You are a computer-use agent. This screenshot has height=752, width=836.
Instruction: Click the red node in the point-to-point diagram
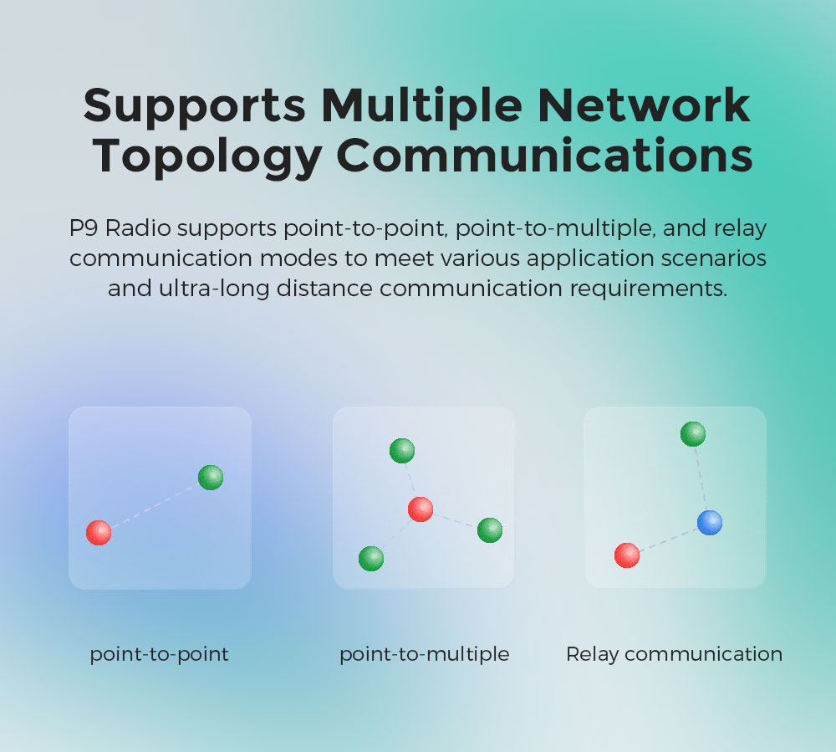[99, 533]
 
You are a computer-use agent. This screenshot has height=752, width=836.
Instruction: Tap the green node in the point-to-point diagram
[211, 478]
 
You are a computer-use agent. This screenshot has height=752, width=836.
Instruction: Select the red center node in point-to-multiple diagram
[421, 509]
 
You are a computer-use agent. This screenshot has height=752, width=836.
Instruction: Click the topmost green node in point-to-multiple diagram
[402, 451]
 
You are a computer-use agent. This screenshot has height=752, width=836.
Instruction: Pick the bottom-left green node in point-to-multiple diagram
[371, 559]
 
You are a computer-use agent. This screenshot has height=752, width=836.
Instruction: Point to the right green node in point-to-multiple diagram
[490, 530]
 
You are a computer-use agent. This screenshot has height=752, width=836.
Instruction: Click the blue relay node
[710, 522]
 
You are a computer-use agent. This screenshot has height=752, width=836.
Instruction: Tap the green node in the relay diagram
[693, 434]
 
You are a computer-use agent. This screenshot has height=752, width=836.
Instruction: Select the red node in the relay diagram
[627, 555]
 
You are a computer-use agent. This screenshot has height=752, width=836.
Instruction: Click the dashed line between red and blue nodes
[668, 540]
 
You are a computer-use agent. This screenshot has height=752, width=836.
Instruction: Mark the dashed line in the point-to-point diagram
[155, 505]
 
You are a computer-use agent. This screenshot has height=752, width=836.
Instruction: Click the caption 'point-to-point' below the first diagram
[159, 654]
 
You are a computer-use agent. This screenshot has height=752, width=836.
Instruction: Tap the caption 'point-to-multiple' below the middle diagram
[425, 654]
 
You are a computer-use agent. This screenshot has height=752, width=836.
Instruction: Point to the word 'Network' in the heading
[644, 105]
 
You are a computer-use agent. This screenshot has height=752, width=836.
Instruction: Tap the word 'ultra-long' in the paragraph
[214, 289]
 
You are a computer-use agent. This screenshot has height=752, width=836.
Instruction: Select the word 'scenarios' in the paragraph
[713, 258]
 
